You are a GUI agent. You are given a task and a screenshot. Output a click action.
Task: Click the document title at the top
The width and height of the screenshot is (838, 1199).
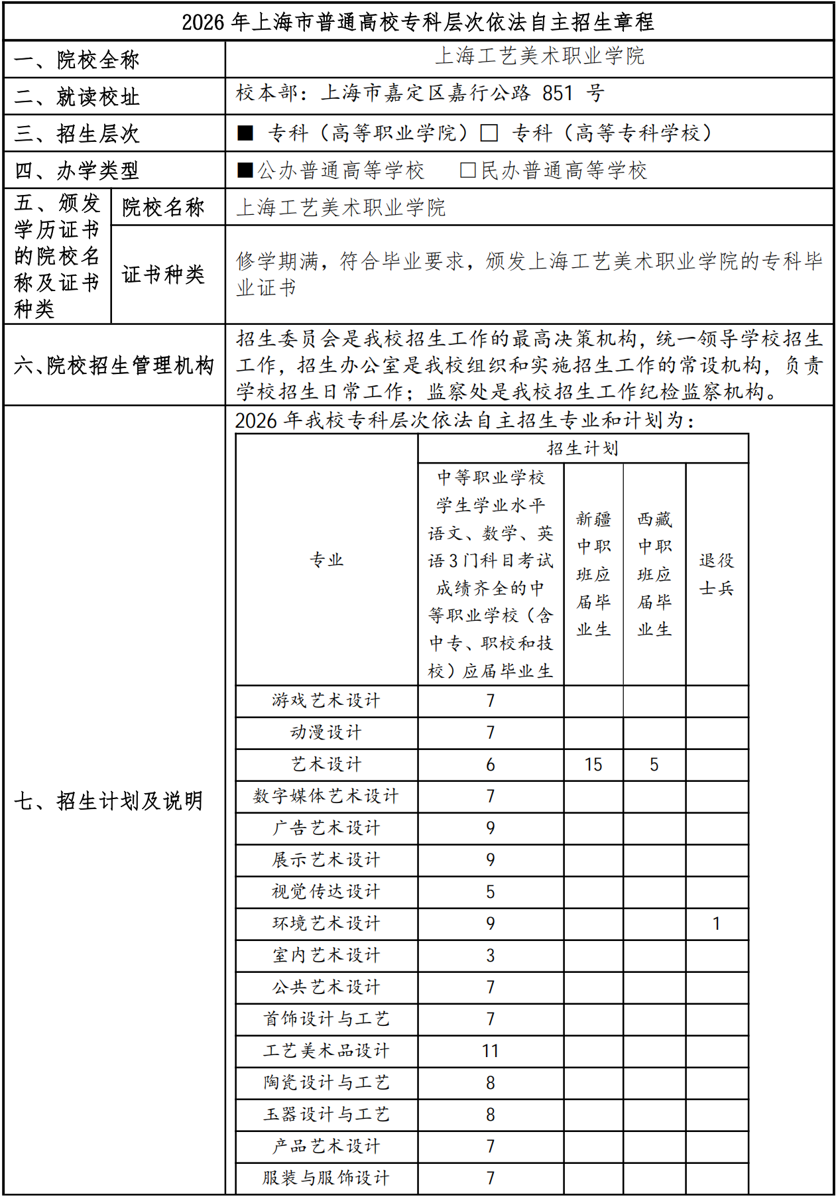(418, 22)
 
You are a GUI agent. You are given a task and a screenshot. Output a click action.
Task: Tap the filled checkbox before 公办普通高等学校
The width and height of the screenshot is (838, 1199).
(245, 170)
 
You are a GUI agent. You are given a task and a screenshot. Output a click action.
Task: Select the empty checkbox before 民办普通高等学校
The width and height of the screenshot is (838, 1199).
(468, 170)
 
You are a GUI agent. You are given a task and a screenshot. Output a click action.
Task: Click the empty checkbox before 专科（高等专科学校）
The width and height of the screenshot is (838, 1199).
(489, 133)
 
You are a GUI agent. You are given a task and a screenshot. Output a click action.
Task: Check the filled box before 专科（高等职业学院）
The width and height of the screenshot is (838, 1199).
(245, 133)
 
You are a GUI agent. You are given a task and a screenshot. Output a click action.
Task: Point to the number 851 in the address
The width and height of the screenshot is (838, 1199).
(557, 94)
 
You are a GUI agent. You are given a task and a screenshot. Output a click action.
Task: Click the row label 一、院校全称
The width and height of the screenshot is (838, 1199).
(77, 60)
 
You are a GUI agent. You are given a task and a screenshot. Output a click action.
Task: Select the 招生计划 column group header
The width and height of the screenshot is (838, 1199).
(583, 448)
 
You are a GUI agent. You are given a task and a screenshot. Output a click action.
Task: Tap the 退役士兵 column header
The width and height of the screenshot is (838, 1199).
(717, 574)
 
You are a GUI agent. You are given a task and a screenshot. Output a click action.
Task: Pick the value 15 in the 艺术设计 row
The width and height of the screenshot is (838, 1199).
(593, 765)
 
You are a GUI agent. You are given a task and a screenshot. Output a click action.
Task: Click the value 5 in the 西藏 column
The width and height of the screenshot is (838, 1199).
(654, 765)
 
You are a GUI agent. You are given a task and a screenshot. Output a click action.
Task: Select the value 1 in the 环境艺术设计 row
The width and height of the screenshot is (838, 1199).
(716, 924)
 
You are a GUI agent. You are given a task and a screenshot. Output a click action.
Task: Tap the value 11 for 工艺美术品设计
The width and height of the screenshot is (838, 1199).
(491, 1051)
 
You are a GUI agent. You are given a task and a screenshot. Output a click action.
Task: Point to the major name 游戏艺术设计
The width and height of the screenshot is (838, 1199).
(326, 700)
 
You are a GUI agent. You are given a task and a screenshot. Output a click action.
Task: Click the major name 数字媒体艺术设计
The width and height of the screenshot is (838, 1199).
(326, 796)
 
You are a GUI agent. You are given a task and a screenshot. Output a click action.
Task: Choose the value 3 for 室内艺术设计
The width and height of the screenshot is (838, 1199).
(491, 956)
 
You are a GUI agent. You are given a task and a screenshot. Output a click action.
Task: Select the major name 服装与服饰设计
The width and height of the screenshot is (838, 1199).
(326, 1178)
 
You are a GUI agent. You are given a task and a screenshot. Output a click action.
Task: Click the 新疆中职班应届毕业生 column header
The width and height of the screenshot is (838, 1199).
(593, 574)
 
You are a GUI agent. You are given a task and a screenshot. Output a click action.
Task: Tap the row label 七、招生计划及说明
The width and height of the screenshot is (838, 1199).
(109, 801)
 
